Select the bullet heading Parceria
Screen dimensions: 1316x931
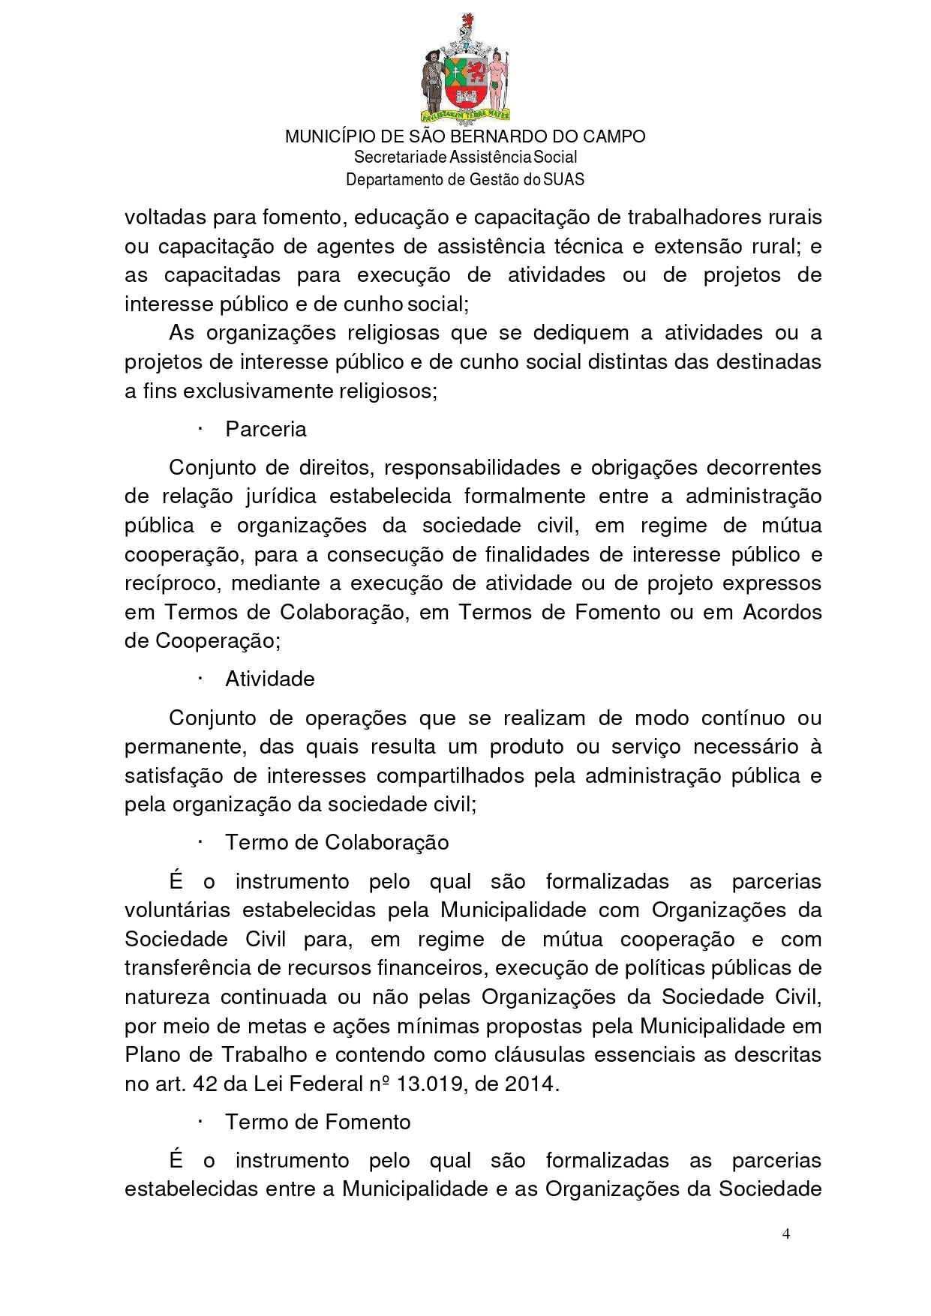[266, 430]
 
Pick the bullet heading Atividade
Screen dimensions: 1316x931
[269, 679]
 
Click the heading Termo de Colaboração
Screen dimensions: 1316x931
[337, 843]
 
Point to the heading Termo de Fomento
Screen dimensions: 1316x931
[318, 1123]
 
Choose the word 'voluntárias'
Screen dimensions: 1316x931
[177, 910]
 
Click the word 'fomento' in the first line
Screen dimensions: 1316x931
[300, 217]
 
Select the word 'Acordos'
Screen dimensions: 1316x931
[782, 613]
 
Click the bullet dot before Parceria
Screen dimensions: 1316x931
[201, 430]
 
